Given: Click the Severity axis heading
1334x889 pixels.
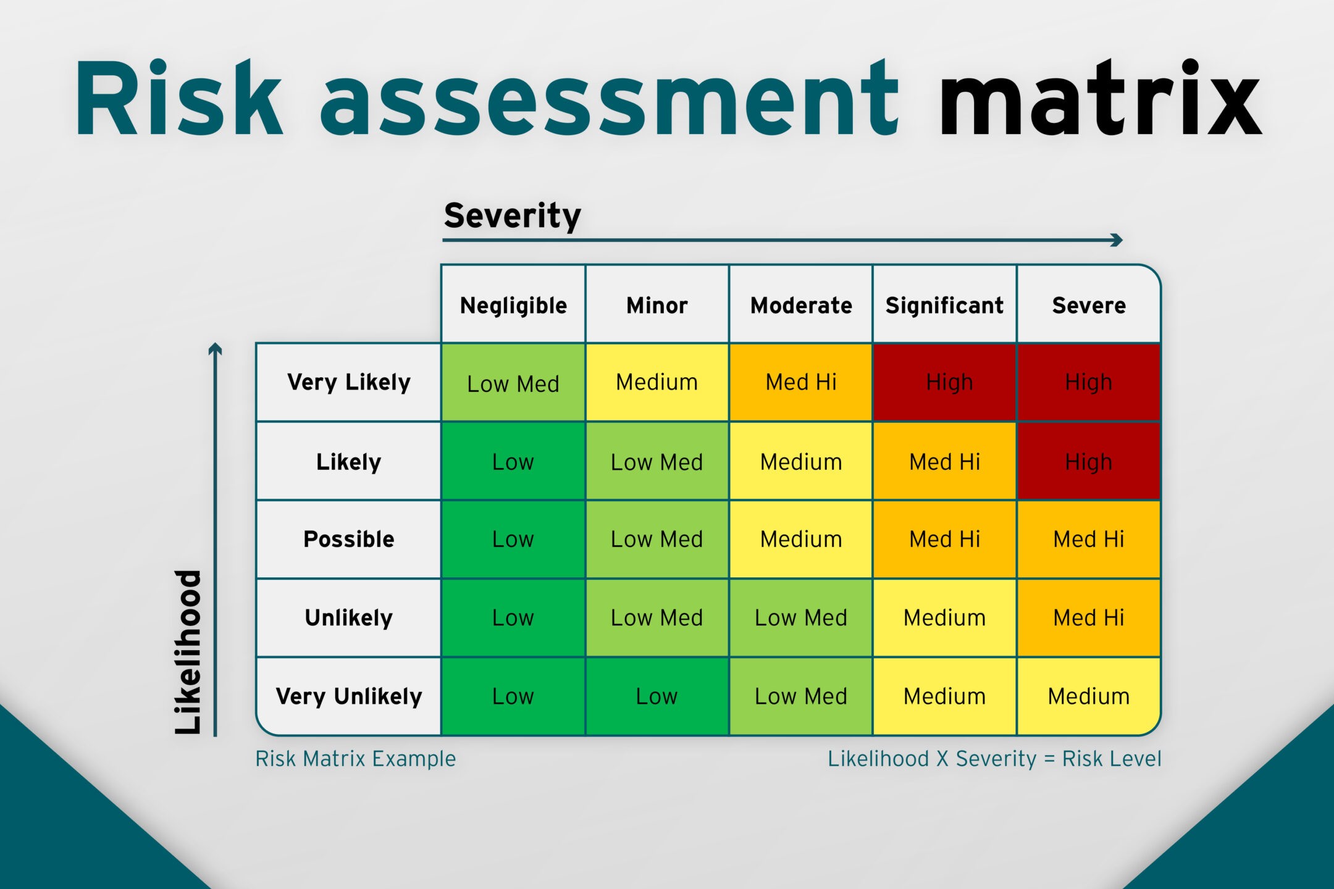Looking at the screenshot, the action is point(513,215).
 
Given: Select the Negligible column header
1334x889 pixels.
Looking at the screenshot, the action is point(513,305).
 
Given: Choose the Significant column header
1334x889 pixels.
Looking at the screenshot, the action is point(944,305).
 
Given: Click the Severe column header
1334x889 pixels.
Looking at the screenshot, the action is point(1089,305).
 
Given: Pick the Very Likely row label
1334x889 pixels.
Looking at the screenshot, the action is point(349,382).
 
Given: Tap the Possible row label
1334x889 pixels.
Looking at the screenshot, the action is point(349,539).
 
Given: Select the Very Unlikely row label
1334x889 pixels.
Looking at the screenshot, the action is point(349,696).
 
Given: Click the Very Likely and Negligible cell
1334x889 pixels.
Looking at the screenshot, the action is point(513,383).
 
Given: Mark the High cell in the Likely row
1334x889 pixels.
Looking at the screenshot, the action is point(1089,461).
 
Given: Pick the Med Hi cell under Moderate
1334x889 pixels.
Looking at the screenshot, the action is point(801,383).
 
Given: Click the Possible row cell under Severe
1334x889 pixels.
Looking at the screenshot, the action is point(1089,540).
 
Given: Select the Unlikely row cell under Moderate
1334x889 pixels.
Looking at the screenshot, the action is point(801,618).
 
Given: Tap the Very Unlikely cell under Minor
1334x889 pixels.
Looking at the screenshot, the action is point(657,696).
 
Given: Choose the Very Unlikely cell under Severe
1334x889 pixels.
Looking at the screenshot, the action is point(1089,696).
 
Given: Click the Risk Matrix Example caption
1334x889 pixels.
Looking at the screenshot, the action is point(356,759).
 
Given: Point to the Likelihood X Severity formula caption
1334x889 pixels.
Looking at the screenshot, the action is point(994,759).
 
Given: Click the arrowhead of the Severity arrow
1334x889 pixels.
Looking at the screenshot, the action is point(1117,240).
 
